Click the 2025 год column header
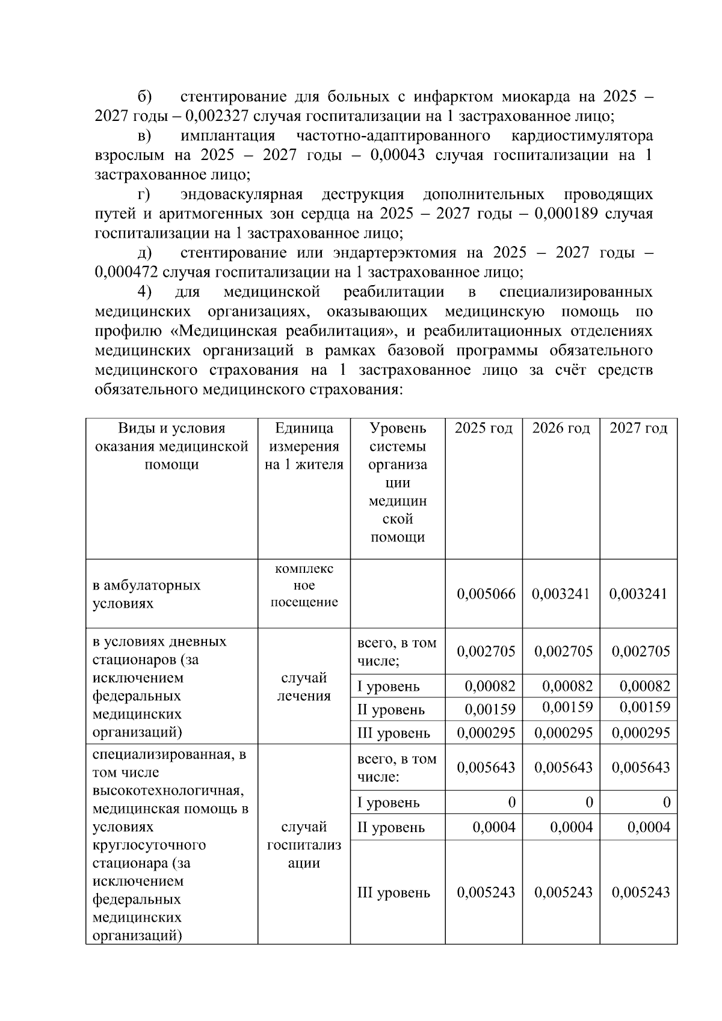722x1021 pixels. pos(483,428)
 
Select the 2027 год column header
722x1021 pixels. pos(638,428)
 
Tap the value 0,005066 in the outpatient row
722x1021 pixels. pos(486,594)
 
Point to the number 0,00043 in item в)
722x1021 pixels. pos(398,155)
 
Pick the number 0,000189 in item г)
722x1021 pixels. pos(566,214)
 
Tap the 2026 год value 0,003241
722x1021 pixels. pos(561,594)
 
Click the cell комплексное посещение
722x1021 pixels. pos(304,585)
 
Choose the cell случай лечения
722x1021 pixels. pos(304,686)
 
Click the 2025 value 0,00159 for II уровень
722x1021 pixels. pos(490,709)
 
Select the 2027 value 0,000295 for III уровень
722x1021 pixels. pos(641,733)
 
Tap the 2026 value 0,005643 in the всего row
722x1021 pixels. pos(563,767)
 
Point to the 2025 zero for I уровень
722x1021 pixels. pos(511,802)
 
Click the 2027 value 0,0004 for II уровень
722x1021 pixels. pos(649,827)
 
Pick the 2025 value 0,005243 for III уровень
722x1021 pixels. pos(486,892)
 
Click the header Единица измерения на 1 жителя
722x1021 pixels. pos(304,446)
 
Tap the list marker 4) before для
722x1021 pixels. pos(144,292)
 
